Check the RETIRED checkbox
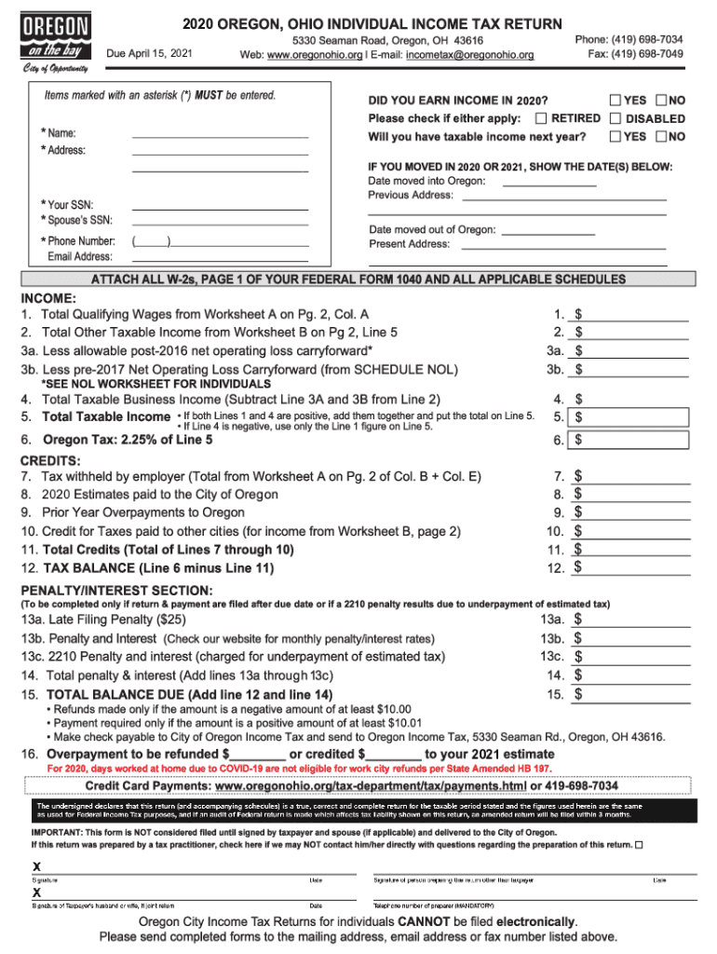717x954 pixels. click(x=541, y=118)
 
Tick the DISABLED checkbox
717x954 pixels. click(x=616, y=118)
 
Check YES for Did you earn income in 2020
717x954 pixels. click(x=616, y=100)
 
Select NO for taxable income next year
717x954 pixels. click(x=661, y=136)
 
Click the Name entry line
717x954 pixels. click(x=220, y=133)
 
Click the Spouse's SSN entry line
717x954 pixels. click(x=220, y=221)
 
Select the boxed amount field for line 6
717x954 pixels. click(x=630, y=440)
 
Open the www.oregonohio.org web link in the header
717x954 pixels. click(x=316, y=56)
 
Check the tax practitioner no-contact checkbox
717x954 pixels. click(x=639, y=844)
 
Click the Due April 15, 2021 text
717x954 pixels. click(x=151, y=54)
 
